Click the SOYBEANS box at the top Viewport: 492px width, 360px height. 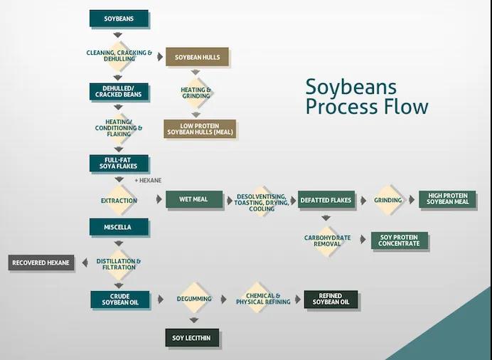click(119, 18)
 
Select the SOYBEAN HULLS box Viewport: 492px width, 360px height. click(197, 57)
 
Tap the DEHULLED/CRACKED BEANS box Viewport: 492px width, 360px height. click(119, 92)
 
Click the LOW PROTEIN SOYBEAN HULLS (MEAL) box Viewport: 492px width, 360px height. click(200, 129)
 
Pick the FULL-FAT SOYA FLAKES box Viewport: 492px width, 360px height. click(119, 163)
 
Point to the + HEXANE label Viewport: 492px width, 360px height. click(148, 181)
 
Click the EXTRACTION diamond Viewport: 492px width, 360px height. click(119, 200)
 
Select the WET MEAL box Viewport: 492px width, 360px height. click(194, 199)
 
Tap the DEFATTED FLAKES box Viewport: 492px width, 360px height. click(326, 200)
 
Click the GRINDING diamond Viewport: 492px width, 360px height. click(387, 200)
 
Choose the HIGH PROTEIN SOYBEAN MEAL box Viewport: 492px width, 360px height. click(447, 199)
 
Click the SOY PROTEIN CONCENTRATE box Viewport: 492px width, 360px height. click(400, 240)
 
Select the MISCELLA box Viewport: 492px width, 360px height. click(119, 227)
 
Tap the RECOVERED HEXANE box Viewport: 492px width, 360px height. click(41, 263)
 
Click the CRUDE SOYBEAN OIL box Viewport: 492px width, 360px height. click(120, 300)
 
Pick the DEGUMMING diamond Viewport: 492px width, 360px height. click(194, 298)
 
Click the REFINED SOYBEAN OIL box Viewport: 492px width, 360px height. click(331, 299)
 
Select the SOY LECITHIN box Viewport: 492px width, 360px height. click(192, 338)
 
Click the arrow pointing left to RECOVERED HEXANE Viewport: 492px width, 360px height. click(85, 263)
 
